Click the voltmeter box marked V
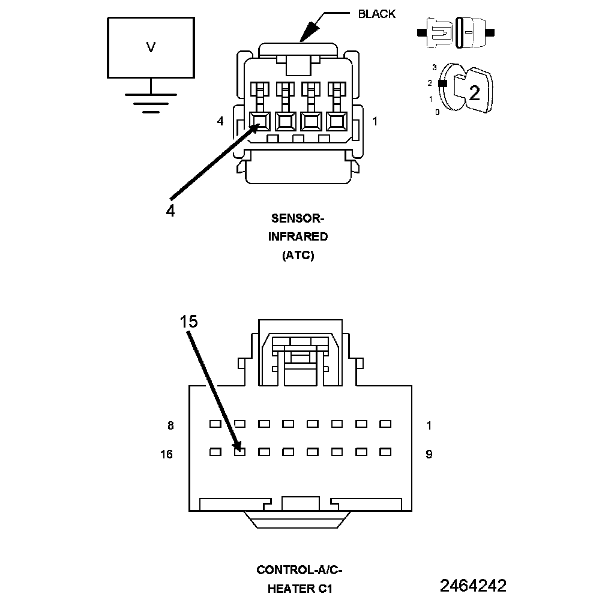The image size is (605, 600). (x=150, y=48)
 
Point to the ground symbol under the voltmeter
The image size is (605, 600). (x=150, y=102)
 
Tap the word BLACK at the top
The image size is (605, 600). (x=377, y=14)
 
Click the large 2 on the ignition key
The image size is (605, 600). (x=474, y=93)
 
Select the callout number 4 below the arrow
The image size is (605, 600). (x=170, y=211)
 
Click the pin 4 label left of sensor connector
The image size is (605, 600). (x=220, y=122)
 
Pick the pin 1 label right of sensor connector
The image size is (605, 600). (x=375, y=122)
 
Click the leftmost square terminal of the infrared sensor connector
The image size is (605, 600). (x=260, y=121)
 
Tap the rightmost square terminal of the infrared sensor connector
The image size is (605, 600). (x=336, y=121)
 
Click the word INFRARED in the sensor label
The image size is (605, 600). (x=298, y=236)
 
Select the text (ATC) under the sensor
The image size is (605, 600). (x=298, y=256)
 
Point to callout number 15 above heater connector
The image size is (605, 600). (x=188, y=322)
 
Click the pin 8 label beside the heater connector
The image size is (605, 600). (x=170, y=426)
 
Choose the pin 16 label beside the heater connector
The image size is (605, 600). (x=166, y=454)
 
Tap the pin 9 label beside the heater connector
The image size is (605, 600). (x=429, y=454)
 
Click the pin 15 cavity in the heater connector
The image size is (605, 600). (x=239, y=451)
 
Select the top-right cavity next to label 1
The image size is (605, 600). (x=385, y=424)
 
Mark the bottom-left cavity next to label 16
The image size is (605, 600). (x=215, y=451)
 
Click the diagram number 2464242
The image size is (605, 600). (x=473, y=586)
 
